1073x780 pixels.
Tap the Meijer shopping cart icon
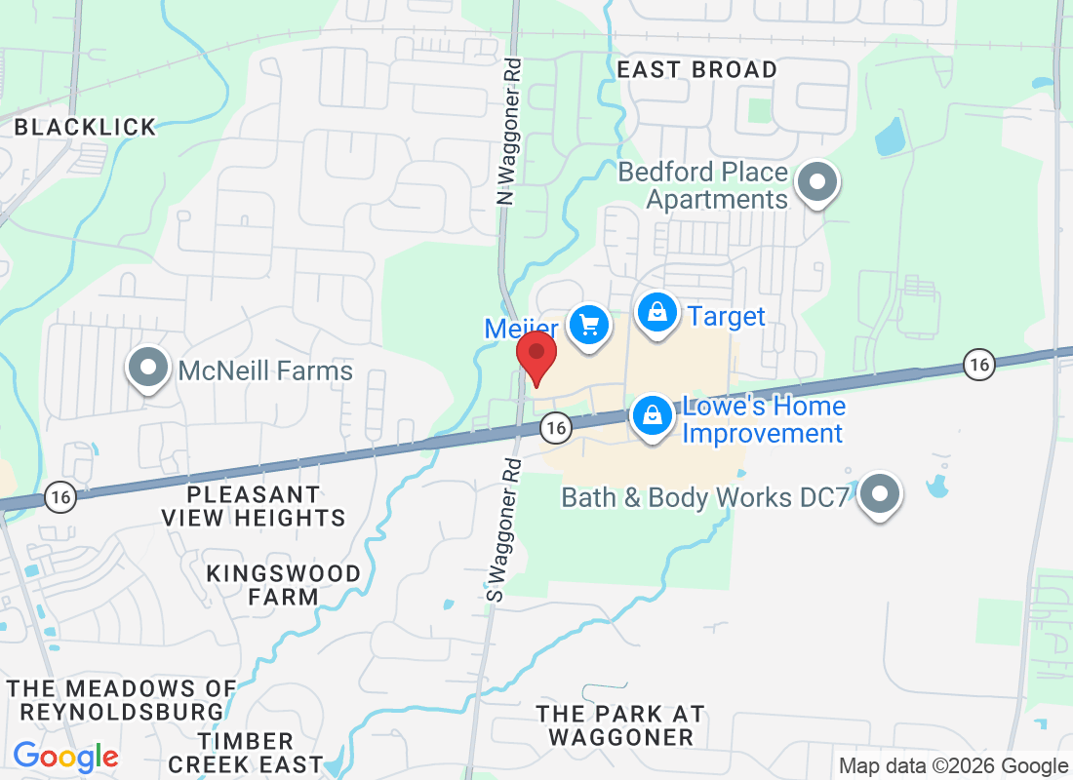coord(588,325)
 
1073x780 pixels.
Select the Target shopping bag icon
coord(658,313)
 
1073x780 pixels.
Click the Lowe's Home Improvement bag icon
coord(653,415)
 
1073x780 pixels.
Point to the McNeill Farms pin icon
coord(148,369)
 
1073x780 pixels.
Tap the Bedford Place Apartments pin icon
coord(817,182)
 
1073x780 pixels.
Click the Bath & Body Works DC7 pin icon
coord(881,494)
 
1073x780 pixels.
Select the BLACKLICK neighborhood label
coord(86,127)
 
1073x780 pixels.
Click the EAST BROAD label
coord(697,70)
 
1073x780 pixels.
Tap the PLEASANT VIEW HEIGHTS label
coord(254,506)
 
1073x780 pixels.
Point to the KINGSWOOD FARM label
coord(283,584)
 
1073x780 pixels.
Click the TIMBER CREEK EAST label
coord(258,752)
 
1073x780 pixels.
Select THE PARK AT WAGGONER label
coord(620,725)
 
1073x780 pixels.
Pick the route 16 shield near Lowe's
coord(555,426)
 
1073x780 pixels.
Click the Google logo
coord(65,756)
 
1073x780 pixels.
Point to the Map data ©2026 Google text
coord(953,766)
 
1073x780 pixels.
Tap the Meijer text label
coord(521,329)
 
